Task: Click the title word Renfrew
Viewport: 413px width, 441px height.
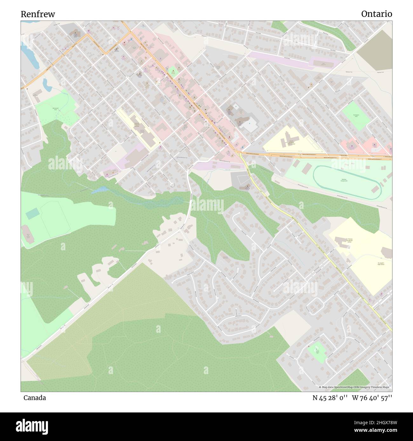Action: (x=38, y=14)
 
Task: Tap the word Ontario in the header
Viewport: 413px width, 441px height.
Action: (x=376, y=14)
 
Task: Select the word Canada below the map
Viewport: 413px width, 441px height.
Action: (x=34, y=398)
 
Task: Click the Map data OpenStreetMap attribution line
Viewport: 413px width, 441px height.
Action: (x=355, y=387)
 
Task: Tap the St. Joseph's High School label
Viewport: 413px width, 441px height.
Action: (x=381, y=264)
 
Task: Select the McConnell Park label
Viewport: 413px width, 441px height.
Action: (x=56, y=109)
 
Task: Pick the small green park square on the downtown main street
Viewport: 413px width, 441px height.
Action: (x=173, y=71)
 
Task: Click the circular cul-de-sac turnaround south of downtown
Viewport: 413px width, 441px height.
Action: (x=173, y=185)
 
